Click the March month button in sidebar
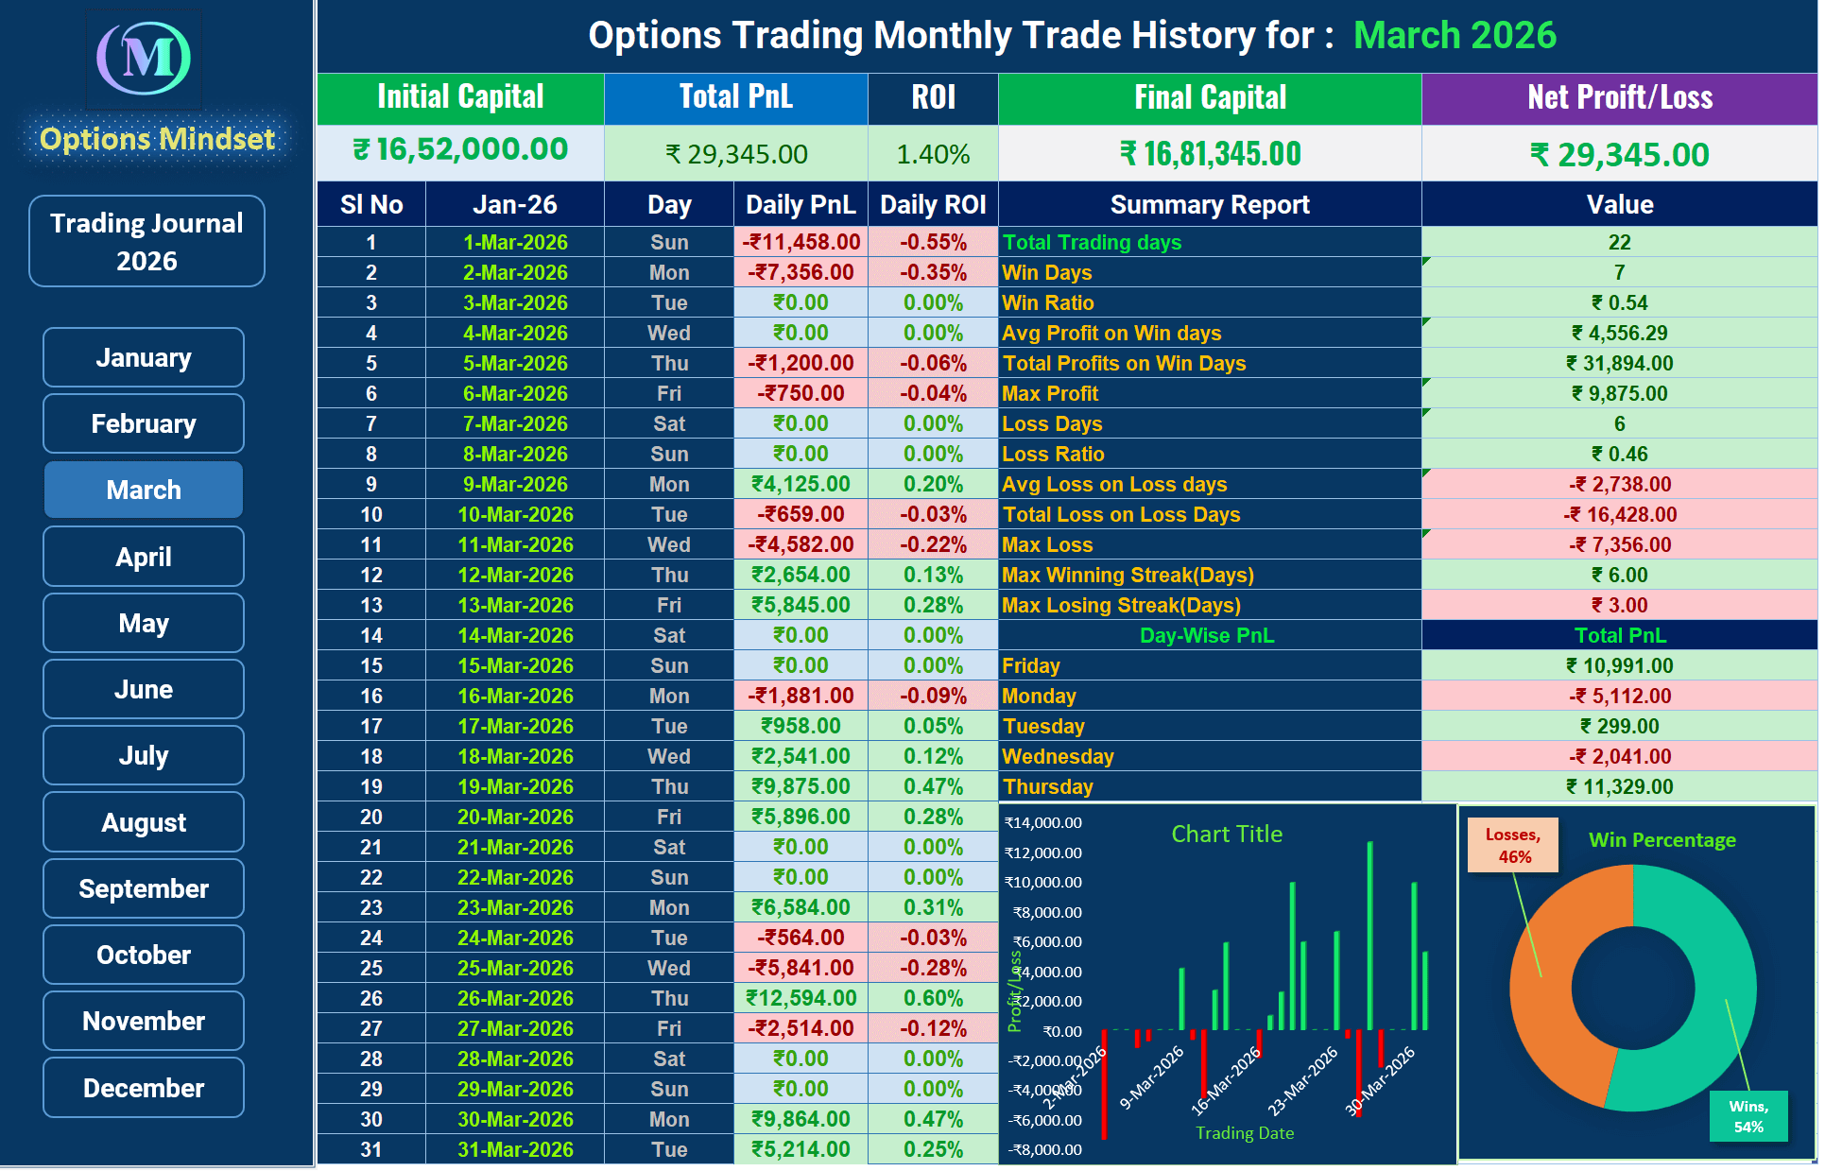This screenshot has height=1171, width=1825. pos(144,490)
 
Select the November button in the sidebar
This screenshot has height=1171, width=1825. pos(144,1021)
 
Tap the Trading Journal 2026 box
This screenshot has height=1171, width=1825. pos(146,241)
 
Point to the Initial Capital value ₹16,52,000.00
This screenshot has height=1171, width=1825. pos(460,150)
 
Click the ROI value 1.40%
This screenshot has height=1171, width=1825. pos(933,154)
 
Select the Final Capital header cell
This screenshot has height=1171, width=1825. pos(1210,97)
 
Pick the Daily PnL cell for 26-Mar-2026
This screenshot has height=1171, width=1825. pos(801,998)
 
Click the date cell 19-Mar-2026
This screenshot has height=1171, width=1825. pos(515,786)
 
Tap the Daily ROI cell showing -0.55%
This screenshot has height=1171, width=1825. pos(933,242)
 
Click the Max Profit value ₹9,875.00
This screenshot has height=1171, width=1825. pos(1619,393)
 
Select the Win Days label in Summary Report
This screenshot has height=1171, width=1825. pos(1047,272)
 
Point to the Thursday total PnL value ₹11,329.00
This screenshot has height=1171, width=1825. pos(1619,786)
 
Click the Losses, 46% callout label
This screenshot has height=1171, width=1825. pos(1512,845)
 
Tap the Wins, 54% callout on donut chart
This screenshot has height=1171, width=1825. pos(1748,1115)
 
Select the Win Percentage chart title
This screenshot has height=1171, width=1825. pos(1661,839)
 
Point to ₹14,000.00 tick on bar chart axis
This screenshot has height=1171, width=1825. pos(1043,822)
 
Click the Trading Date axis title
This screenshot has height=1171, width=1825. pos(1244,1132)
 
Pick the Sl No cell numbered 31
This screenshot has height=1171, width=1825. pos(371,1149)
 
